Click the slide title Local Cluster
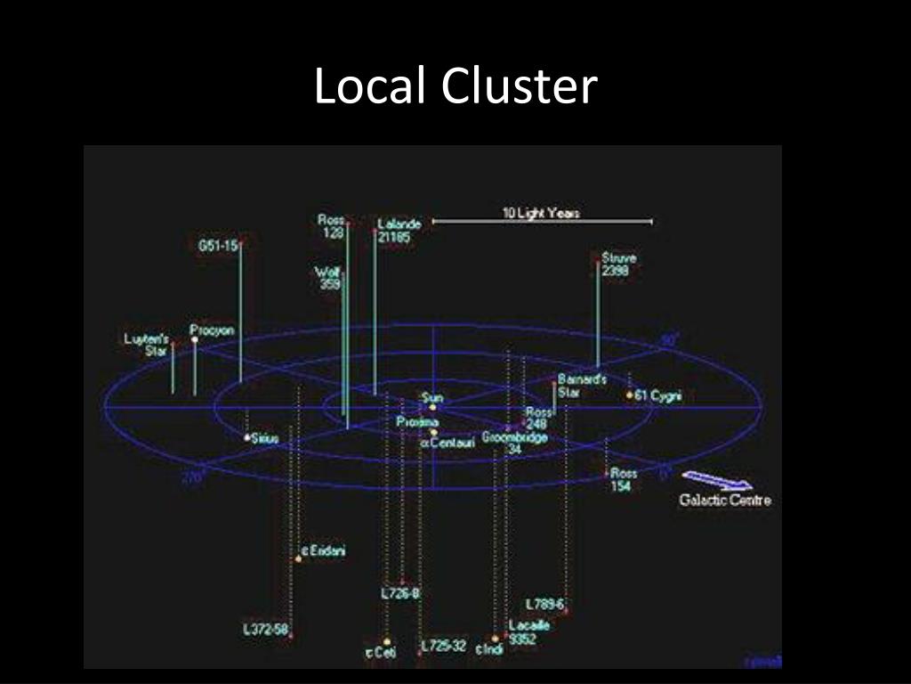(x=455, y=87)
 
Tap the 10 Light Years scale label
(x=541, y=213)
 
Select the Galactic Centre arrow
(x=717, y=482)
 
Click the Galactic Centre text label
(x=725, y=501)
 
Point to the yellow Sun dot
(x=432, y=407)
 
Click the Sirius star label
(x=265, y=438)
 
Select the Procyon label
(x=213, y=330)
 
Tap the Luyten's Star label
(x=146, y=345)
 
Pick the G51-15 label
(x=217, y=246)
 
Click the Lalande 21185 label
(x=398, y=231)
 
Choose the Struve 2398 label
(x=618, y=265)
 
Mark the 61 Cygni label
(x=658, y=396)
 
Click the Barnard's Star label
(x=581, y=385)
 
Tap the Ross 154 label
(x=624, y=480)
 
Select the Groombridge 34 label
(x=514, y=443)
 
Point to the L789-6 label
(x=544, y=604)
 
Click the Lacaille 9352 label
(x=528, y=631)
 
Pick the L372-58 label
(x=265, y=629)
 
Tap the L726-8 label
(x=399, y=593)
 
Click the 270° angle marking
(x=192, y=477)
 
